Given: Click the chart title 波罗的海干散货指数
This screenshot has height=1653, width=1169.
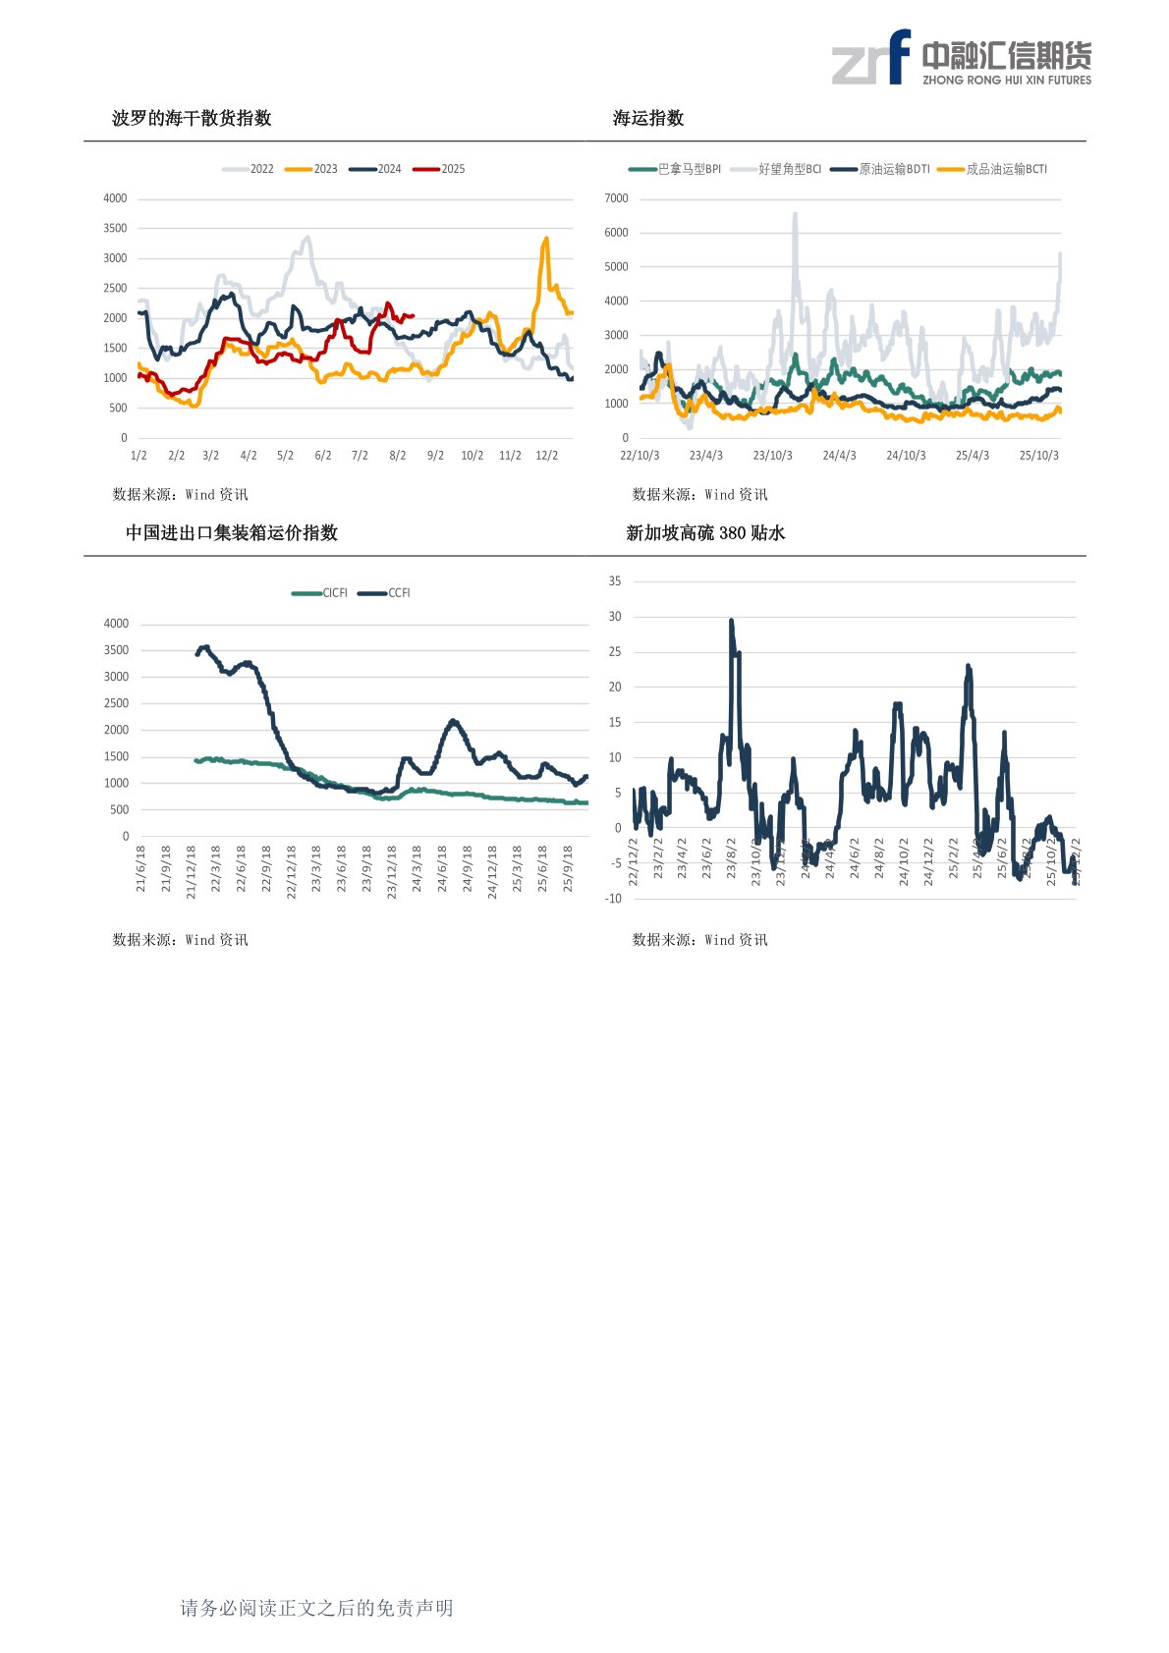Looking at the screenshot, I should pyautogui.click(x=192, y=118).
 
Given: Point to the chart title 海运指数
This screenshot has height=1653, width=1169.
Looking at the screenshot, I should pyautogui.click(x=648, y=118).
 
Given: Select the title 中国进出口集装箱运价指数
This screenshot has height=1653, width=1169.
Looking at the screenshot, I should pyautogui.click(x=232, y=532).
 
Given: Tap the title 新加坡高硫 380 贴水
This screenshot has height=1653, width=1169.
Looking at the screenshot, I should pyautogui.click(x=705, y=532).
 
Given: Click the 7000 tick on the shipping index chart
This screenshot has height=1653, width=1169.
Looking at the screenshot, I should pyautogui.click(x=616, y=198).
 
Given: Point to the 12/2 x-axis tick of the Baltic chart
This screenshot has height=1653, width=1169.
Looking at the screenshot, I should pyautogui.click(x=546, y=456).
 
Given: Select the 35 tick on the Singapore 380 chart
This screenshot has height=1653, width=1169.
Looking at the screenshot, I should pyautogui.click(x=615, y=581).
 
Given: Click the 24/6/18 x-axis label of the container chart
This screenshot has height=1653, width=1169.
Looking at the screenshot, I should pyautogui.click(x=442, y=868).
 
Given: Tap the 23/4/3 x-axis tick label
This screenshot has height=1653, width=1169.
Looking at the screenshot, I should pyautogui.click(x=705, y=456).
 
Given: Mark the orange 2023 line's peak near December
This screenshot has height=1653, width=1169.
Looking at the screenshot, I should pyautogui.click(x=546, y=239).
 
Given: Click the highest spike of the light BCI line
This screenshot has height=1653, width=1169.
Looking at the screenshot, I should pyautogui.click(x=795, y=214).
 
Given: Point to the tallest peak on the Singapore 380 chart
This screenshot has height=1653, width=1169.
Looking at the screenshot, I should pyautogui.click(x=731, y=621).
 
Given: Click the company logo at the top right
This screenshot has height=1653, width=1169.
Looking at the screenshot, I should pyautogui.click(x=962, y=58).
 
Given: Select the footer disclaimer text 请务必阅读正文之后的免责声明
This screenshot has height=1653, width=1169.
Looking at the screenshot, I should pyautogui.click(x=316, y=1608).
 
